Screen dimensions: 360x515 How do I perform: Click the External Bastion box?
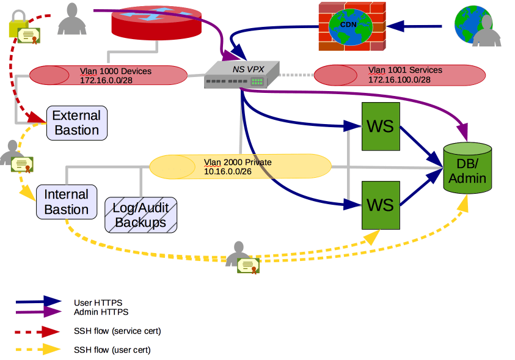coord(77,123)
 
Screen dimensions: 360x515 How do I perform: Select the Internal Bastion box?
coord(67,202)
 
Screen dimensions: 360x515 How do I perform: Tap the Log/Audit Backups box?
coord(141,215)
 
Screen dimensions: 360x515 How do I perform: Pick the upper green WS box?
coord(380,127)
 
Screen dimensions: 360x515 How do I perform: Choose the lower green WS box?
coord(380,204)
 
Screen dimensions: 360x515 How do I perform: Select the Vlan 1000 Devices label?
coord(115,71)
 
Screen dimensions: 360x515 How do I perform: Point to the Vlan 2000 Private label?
coord(238,163)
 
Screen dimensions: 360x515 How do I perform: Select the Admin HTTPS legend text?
coord(101,312)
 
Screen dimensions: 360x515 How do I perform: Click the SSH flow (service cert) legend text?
coord(117,331)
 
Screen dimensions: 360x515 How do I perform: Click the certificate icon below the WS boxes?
coord(247,265)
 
